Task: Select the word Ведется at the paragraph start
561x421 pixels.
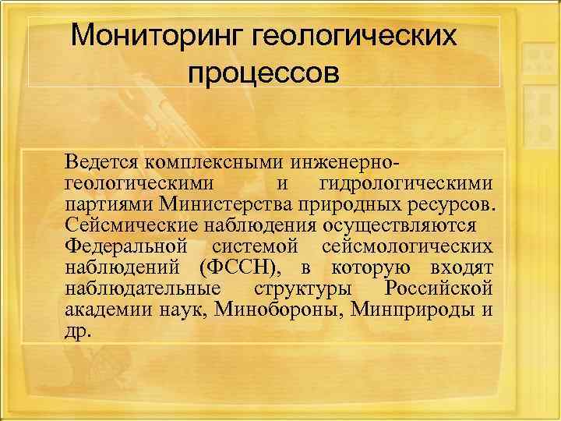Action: [98, 163]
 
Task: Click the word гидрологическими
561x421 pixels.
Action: [406, 184]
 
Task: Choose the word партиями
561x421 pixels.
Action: [108, 205]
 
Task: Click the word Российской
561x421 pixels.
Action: [439, 289]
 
